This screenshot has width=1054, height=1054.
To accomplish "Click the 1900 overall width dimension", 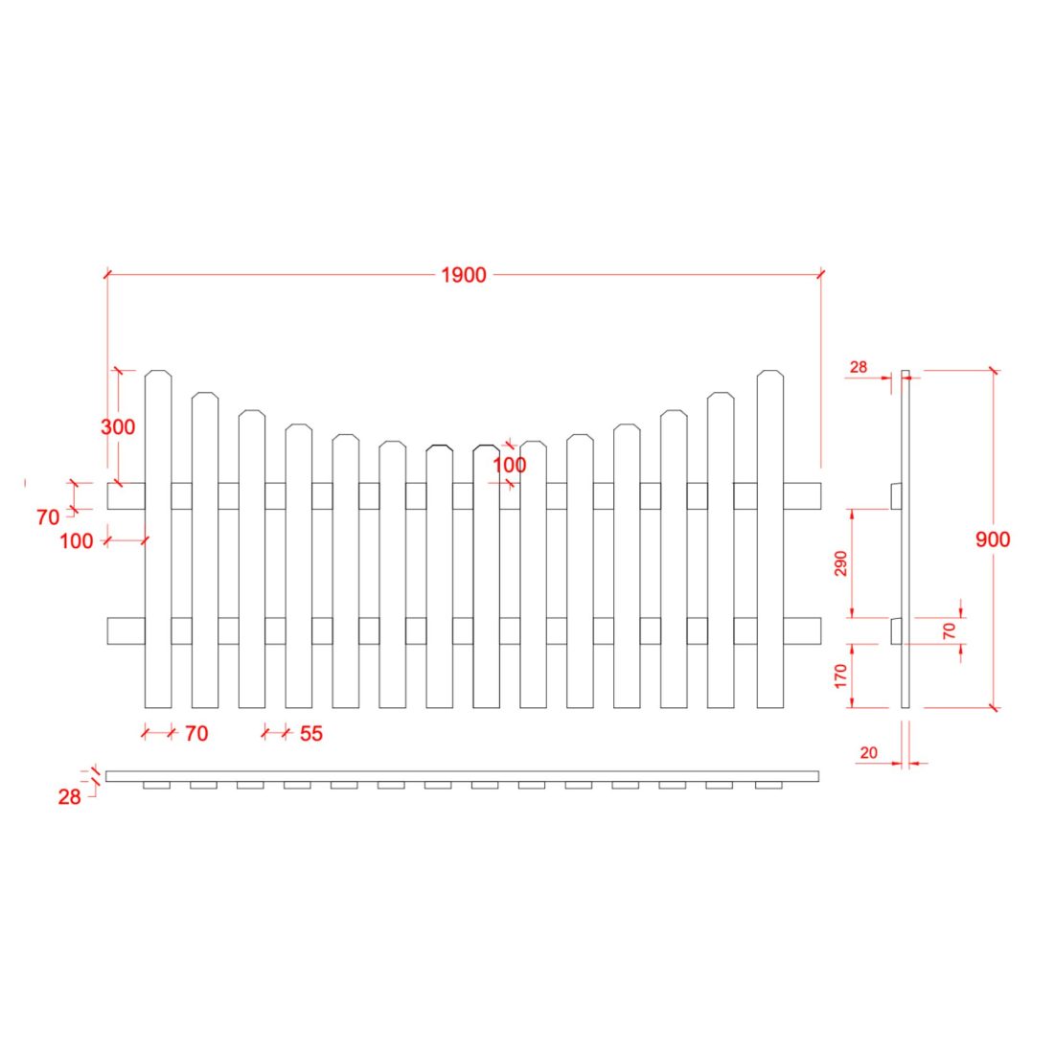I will pos(464,276).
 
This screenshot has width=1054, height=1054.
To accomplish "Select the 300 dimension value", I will pos(118,427).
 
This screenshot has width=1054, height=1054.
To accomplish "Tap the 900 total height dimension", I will pos(993,539).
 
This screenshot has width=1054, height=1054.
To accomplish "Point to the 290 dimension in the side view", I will pos(841,564).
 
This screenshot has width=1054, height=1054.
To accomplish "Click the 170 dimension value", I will pos(841,675).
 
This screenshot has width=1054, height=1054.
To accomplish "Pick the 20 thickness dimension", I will pos(868,753).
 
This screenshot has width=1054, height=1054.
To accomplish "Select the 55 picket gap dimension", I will pos(311,734).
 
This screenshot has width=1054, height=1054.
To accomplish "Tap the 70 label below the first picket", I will pos(195,734).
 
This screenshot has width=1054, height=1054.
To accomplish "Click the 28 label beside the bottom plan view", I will pos(69,796).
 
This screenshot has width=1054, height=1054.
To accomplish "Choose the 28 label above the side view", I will pos(858,367).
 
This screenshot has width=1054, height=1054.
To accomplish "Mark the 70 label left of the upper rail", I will pos(48,517).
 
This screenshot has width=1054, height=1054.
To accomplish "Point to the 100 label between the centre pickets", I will pos(510,465).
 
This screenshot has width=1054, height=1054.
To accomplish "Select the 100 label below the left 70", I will pos(77,541).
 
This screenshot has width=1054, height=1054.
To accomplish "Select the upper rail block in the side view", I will pos(896,495).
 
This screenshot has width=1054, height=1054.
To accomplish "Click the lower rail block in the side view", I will pos(896,630).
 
